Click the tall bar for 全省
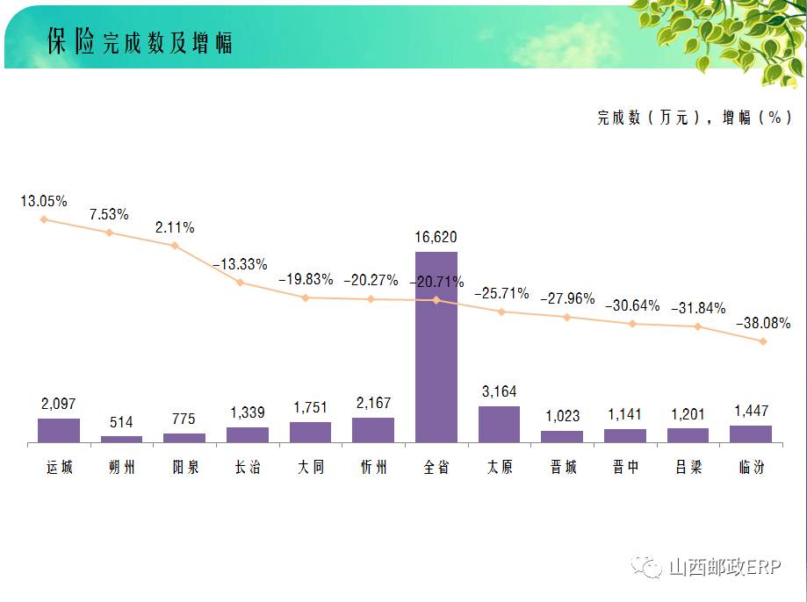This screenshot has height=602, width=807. (x=436, y=347)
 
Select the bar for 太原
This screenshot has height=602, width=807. (x=499, y=424)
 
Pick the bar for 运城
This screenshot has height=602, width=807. (x=59, y=430)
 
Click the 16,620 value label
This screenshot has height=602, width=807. (x=436, y=237)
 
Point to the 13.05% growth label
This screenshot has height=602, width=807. (x=44, y=201)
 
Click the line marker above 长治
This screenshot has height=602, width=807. (x=240, y=283)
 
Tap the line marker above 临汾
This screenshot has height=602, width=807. (x=763, y=341)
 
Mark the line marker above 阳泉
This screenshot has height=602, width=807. (x=175, y=246)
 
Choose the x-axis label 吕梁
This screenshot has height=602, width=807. (x=688, y=467)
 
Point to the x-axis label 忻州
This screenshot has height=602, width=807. (x=373, y=467)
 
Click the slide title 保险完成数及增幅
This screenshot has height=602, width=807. (x=141, y=42)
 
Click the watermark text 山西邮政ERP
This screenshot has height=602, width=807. (x=724, y=568)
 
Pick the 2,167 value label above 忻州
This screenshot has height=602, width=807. (x=373, y=404)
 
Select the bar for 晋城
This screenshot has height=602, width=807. (x=562, y=436)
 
